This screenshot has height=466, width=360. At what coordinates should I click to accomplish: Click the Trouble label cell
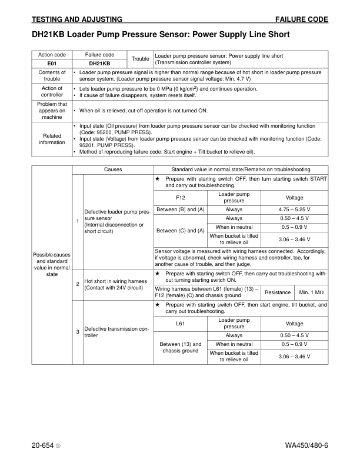140,59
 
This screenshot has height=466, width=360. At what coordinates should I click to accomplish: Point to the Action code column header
52,55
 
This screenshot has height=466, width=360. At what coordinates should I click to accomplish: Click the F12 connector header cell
181,197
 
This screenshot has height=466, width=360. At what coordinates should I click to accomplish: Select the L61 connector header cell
181,323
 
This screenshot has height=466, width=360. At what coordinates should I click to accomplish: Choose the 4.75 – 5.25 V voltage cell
294,209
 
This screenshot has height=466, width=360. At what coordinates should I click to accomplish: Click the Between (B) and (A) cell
181,209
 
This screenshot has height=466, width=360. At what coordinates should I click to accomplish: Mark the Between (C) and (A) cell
181,231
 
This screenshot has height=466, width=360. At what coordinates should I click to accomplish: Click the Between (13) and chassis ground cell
181,348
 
